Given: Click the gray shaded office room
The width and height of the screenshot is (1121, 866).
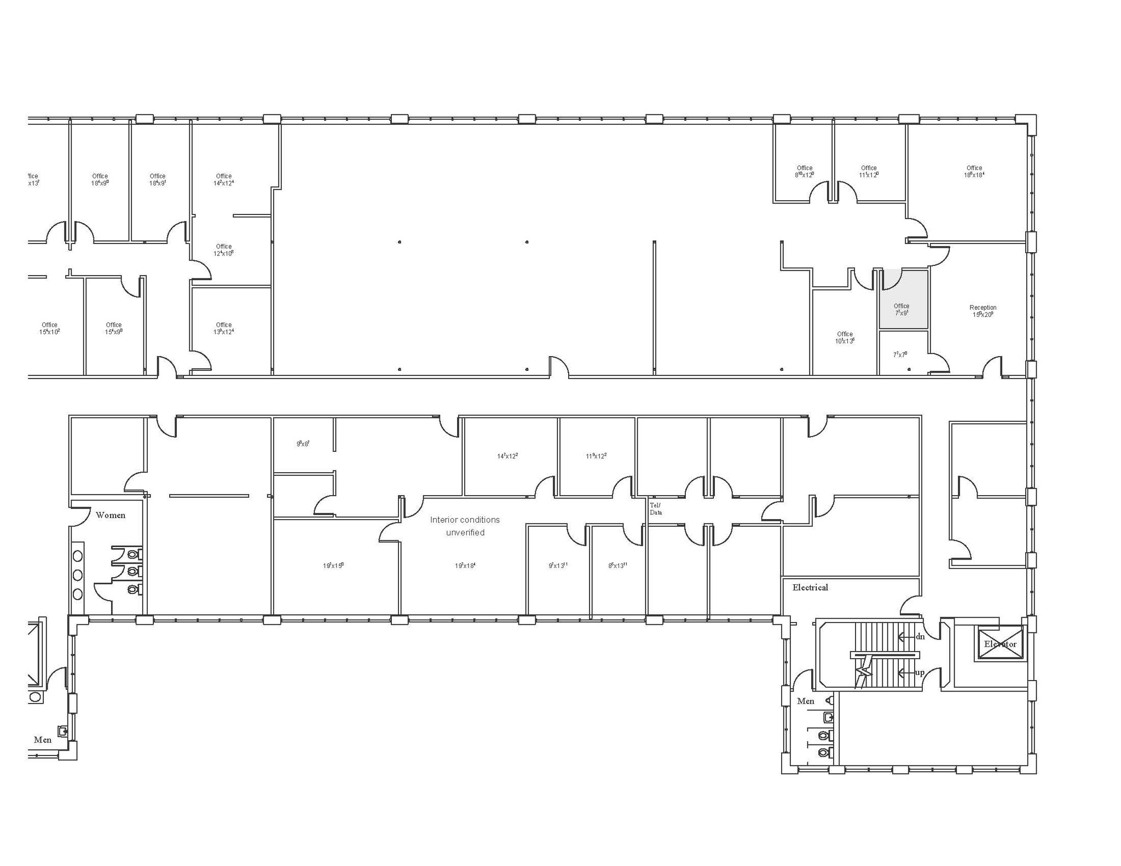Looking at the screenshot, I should [903, 299].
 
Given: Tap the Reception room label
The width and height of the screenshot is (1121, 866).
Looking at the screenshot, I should [983, 311].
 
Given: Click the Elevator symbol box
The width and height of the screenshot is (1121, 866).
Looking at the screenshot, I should [1000, 643].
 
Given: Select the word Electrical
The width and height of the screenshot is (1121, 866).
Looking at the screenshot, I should [810, 588].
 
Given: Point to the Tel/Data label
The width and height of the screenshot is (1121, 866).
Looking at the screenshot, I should [656, 509].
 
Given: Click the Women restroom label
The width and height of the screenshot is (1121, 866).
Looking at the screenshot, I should [111, 515].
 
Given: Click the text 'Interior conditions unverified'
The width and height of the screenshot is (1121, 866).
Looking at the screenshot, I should [465, 526].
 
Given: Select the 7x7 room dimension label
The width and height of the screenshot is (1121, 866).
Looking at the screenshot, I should [900, 354].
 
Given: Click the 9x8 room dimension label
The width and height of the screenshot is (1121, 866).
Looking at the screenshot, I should [303, 444].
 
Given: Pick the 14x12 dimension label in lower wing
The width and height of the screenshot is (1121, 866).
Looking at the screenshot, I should [507, 456].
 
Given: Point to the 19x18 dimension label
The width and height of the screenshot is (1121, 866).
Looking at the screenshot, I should [465, 566].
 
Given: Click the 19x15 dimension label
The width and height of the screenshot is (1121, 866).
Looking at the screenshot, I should [333, 566].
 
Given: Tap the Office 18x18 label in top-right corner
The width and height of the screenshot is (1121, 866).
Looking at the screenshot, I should [974, 172].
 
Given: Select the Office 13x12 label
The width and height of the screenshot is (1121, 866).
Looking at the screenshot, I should [224, 328].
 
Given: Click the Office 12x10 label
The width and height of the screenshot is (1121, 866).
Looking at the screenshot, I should [224, 250].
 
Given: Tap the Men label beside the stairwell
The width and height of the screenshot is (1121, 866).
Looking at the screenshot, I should [805, 701].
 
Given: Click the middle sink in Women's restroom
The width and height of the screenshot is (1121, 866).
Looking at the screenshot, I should [78, 575].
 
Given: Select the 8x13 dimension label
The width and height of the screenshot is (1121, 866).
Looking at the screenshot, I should [617, 566].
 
